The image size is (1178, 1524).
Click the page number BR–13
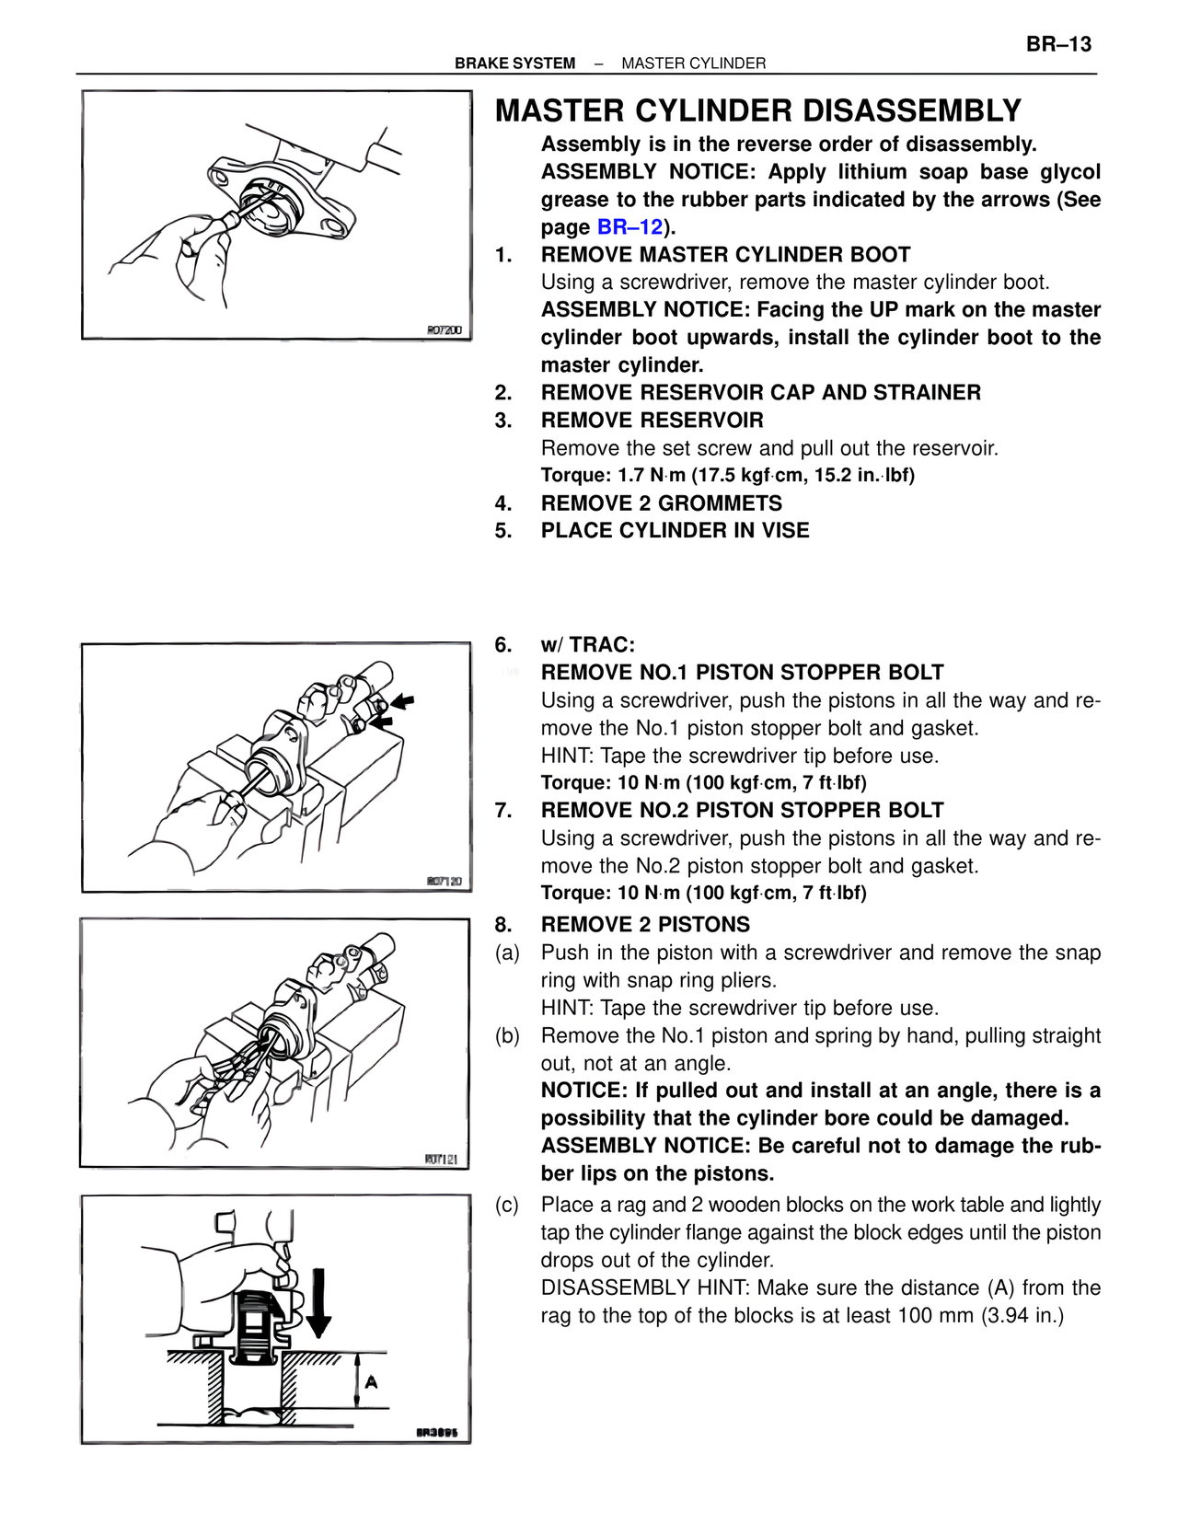click(1058, 44)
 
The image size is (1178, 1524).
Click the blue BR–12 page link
click(629, 227)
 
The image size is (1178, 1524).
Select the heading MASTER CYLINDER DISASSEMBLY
click(757, 111)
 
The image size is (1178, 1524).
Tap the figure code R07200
click(445, 329)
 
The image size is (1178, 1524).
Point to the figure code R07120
click(445, 882)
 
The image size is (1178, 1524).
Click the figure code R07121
click(442, 1159)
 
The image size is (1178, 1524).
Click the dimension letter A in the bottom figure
click(372, 1381)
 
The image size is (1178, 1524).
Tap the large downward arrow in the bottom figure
click(318, 1302)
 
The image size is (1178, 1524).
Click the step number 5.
click(502, 531)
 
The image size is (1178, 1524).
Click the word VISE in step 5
click(782, 531)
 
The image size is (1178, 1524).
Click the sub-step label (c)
click(507, 1205)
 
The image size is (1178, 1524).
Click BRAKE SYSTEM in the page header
click(514, 63)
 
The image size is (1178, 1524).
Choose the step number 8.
click(502, 925)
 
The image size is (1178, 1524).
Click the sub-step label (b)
click(507, 1035)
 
